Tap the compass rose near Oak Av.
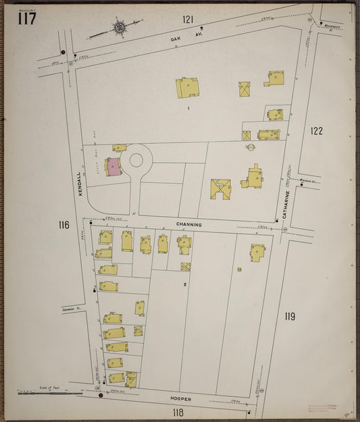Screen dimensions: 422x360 (120, 28)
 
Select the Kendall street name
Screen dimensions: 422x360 (79, 184)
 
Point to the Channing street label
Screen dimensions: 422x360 (189, 223)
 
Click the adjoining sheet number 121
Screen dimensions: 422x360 (187, 19)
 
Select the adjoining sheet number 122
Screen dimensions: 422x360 (316, 130)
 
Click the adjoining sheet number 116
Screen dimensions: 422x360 (63, 225)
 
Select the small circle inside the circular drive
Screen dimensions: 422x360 (136, 160)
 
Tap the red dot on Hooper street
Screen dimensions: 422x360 (101, 396)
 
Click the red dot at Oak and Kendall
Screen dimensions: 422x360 (63, 52)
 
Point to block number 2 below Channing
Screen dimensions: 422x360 (184, 285)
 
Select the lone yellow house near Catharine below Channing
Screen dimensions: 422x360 (257, 253)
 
